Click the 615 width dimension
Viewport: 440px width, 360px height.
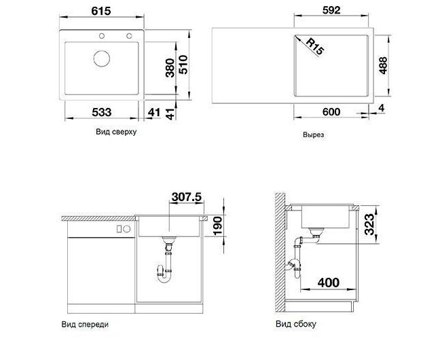pos(101,11)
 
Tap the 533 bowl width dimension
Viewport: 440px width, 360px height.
pos(102,112)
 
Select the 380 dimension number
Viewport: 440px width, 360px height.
pos(170,68)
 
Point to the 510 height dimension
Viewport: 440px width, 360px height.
pos(183,65)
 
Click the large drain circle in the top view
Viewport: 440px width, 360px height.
pos(102,58)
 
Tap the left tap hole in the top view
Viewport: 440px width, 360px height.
pos(102,36)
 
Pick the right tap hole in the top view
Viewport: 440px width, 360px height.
pos(129,36)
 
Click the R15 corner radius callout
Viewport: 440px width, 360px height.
pos(315,46)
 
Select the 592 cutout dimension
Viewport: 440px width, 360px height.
pos(331,10)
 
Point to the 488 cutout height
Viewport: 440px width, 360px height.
pos(383,65)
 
